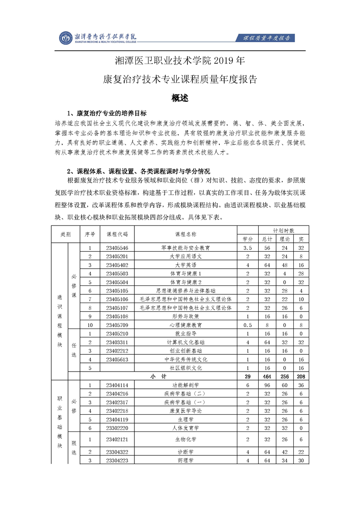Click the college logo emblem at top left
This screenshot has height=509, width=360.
(x=67, y=38)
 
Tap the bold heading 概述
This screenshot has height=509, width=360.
(x=180, y=98)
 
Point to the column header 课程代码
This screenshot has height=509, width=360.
(x=117, y=234)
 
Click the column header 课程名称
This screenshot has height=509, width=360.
(x=185, y=234)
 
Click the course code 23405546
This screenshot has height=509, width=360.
(x=117, y=248)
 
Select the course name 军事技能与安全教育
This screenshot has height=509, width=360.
(x=185, y=248)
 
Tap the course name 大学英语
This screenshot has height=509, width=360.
(x=185, y=265)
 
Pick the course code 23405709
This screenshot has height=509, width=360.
(x=117, y=325)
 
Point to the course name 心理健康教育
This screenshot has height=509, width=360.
(x=185, y=325)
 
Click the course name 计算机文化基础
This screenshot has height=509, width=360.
(x=185, y=342)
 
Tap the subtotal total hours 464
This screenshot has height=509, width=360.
(x=267, y=377)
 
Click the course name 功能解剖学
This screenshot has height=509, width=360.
(x=185, y=385)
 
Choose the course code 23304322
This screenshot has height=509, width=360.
(x=117, y=452)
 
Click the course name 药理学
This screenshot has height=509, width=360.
(x=185, y=460)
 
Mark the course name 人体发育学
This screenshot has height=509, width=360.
(x=185, y=428)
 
